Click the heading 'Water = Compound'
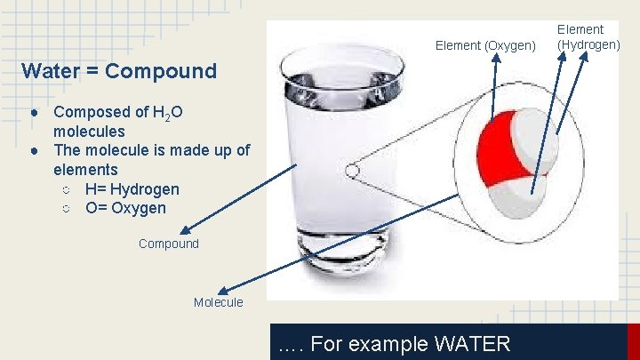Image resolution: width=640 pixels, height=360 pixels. click(x=119, y=71)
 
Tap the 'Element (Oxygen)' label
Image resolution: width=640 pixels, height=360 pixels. click(x=485, y=45)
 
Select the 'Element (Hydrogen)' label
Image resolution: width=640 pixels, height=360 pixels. click(x=588, y=37)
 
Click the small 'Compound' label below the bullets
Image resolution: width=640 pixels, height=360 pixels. click(x=169, y=244)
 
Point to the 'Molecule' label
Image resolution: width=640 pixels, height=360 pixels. click(x=218, y=302)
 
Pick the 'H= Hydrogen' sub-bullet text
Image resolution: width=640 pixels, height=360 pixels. click(x=132, y=189)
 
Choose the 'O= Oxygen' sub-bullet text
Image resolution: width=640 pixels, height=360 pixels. click(x=125, y=209)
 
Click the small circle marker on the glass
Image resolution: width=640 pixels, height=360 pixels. click(x=352, y=170)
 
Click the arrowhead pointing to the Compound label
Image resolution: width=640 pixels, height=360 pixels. click(x=183, y=230)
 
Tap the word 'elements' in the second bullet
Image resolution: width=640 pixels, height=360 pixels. click(x=85, y=169)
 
